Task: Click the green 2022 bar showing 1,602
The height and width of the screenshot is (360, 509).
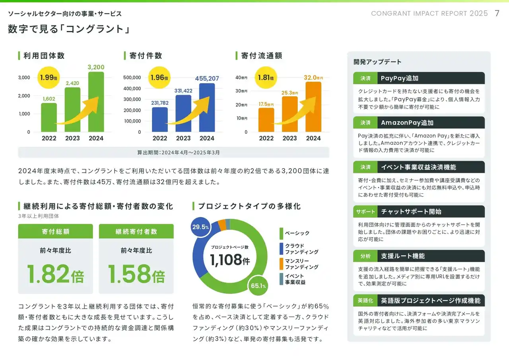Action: (49, 117)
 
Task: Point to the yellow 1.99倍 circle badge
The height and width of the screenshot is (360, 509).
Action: (49, 78)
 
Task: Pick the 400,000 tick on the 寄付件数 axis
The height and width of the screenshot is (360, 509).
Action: (132, 88)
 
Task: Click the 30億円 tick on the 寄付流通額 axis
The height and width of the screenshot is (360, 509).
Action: (241, 91)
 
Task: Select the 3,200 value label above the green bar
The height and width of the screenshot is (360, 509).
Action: (96, 67)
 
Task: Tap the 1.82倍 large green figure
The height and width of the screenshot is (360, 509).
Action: (55, 274)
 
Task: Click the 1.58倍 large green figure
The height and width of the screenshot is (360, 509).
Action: (136, 274)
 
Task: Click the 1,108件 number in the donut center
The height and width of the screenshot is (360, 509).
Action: (229, 260)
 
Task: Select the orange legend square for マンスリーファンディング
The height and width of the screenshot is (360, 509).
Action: (281, 264)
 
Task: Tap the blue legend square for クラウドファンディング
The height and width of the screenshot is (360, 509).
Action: (281, 249)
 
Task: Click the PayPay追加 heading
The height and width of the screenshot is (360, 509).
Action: (399, 78)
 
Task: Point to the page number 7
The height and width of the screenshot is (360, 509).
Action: (497, 13)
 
